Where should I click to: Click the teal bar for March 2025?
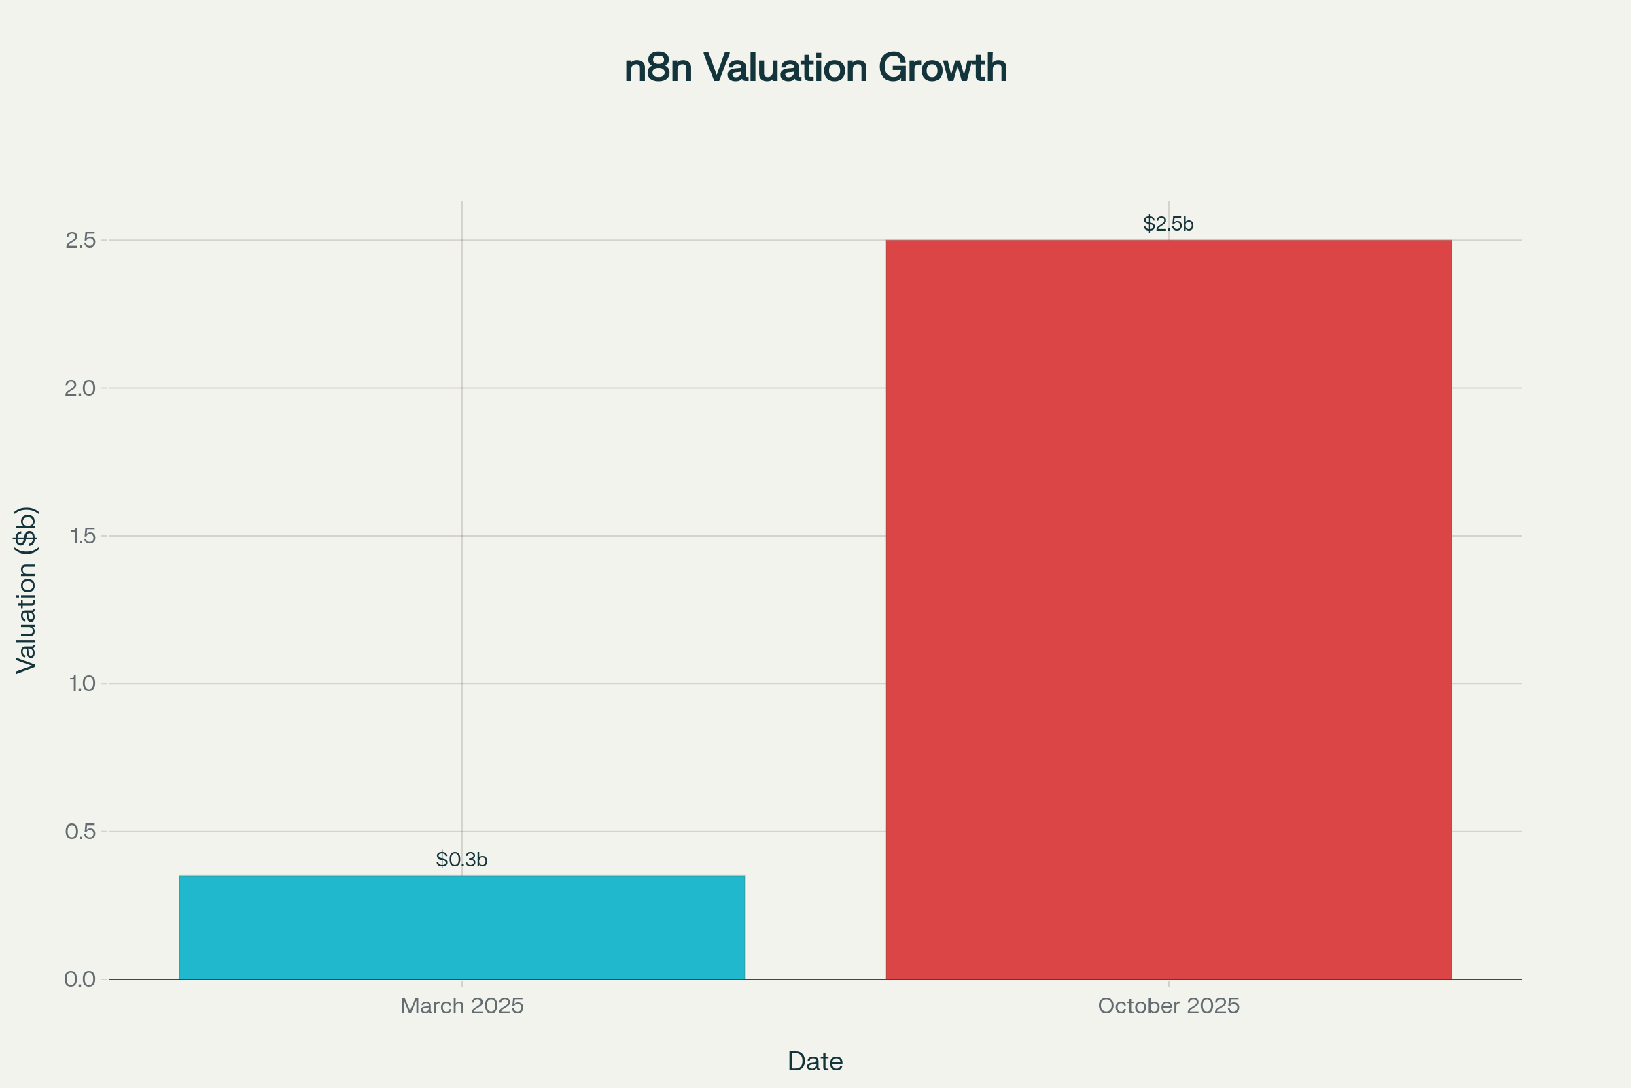tap(462, 927)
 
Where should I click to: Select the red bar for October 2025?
tap(1168, 609)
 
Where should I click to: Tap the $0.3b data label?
tap(462, 860)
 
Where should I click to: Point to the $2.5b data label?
tap(1168, 224)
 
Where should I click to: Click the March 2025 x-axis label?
tap(462, 1006)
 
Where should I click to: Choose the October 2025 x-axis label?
tap(1168, 1006)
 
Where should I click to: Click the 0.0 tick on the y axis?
tap(80, 979)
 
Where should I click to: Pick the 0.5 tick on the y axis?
tap(80, 831)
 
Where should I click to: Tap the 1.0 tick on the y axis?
tap(82, 683)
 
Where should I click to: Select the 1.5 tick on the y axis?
tap(82, 536)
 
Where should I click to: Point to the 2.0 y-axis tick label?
tap(80, 388)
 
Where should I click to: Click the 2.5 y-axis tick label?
tap(80, 240)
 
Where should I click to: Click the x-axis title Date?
tap(815, 1061)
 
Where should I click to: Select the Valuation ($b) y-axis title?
tap(26, 590)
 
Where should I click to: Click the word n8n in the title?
tap(658, 68)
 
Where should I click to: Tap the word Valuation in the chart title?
tap(786, 68)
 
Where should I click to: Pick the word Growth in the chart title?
tap(943, 68)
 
